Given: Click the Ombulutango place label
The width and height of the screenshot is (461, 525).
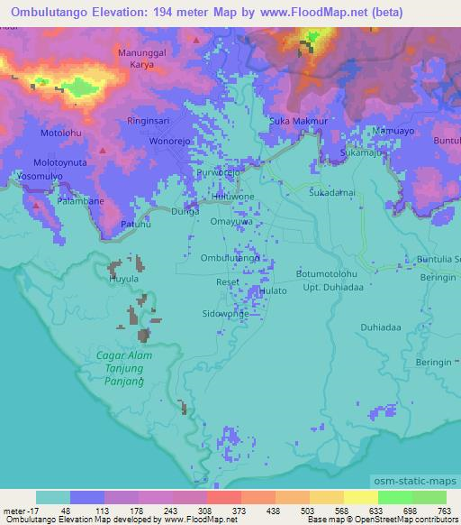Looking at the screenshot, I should (230, 258).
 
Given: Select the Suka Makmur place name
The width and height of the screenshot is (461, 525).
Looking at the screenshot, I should (298, 120).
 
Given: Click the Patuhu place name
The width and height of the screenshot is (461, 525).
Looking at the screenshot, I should (136, 224).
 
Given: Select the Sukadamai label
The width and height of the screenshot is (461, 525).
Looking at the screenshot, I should (332, 193).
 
